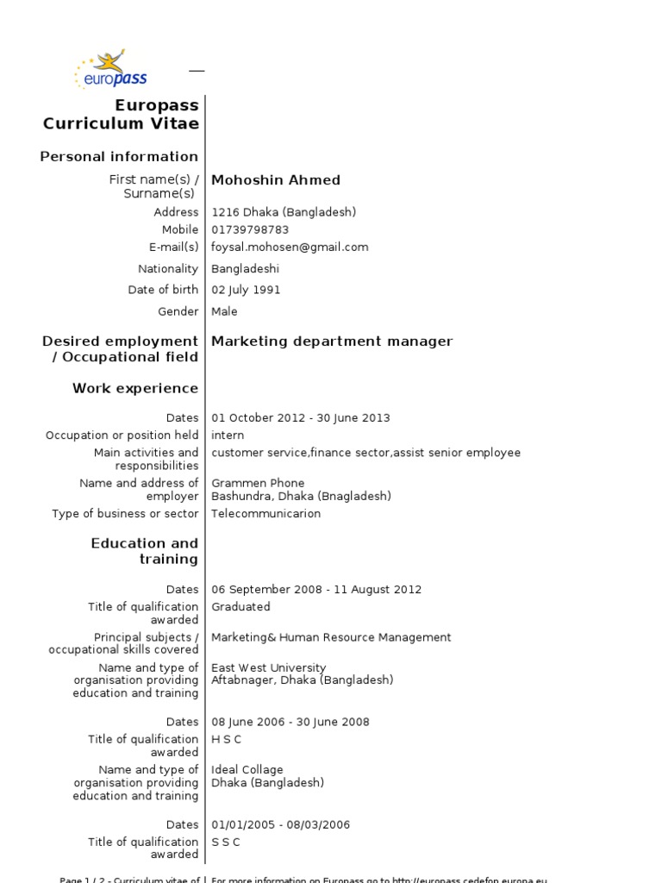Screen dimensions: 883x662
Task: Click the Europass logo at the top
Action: click(111, 70)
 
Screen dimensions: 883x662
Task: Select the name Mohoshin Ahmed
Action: click(276, 180)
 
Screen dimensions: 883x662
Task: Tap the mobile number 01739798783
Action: click(250, 230)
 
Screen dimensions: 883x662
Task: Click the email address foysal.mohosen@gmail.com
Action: click(290, 247)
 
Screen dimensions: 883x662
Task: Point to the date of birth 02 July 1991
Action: click(246, 291)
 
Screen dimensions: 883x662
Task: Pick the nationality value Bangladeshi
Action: click(245, 269)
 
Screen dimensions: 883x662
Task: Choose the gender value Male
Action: click(224, 312)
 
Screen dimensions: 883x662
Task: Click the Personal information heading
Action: click(119, 157)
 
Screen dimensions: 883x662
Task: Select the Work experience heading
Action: click(135, 389)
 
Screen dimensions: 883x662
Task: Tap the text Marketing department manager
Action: click(332, 341)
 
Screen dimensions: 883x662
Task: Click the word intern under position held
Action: click(228, 435)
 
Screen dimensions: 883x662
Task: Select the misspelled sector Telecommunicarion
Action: click(265, 514)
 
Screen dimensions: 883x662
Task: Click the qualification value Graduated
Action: click(240, 607)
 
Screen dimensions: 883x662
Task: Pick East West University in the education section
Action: click(268, 668)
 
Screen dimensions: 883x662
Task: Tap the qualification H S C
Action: click(226, 740)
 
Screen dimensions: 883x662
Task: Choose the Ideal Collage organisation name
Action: click(247, 770)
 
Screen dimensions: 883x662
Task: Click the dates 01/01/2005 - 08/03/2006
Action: click(280, 825)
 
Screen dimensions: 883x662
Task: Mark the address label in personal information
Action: click(176, 212)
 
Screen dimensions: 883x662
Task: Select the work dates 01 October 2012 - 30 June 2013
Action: click(300, 418)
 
